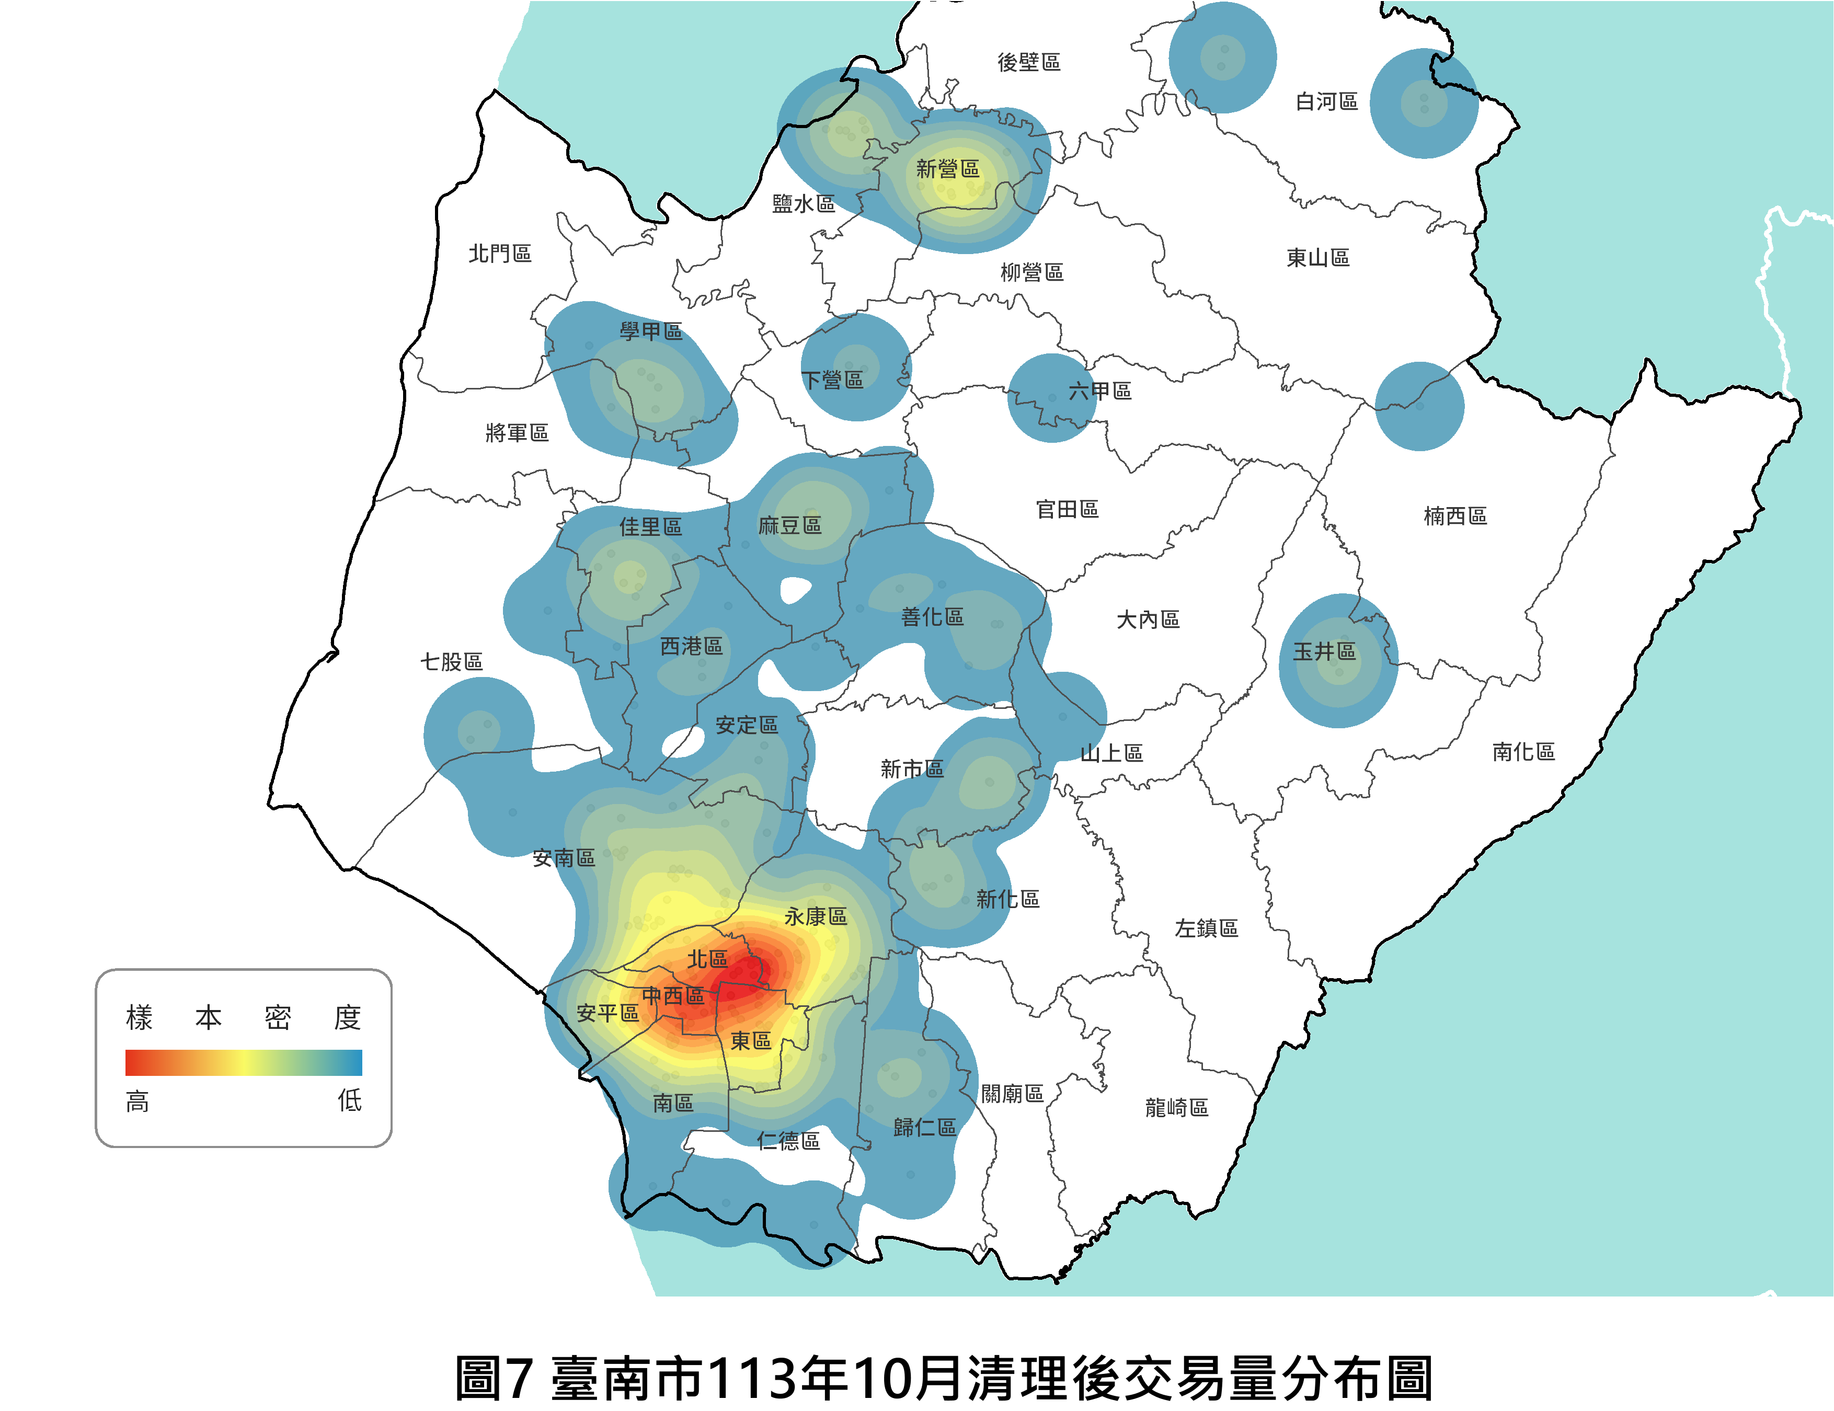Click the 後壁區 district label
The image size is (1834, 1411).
pos(1029,62)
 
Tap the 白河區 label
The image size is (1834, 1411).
pos(1327,101)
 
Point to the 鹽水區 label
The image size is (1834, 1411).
pos(804,204)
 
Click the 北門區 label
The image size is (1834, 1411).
pos(500,254)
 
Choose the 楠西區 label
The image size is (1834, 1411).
pos(1455,515)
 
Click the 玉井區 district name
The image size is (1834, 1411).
pos(1324,652)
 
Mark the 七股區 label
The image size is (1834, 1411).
pos(452,662)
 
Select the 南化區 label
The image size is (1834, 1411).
pos(1523,752)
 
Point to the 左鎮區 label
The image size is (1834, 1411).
pos(1206,928)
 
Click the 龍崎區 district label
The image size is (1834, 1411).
pos(1176,1108)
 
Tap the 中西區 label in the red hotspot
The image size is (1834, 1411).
pos(673,996)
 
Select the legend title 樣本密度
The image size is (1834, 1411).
pos(244,1018)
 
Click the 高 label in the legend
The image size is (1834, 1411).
pos(137,1101)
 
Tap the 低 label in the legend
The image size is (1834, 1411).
pos(349,1100)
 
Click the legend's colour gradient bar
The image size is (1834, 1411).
pos(244,1062)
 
